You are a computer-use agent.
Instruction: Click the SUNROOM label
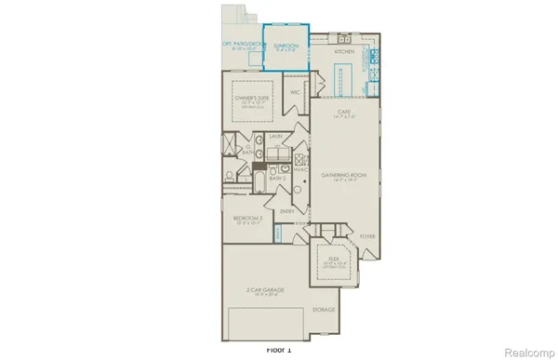pyautogui.click(x=286, y=45)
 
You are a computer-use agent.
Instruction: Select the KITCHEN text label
pyautogui.click(x=344, y=52)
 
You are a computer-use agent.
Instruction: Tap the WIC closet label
pyautogui.click(x=294, y=93)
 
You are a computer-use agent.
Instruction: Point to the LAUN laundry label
pyautogui.click(x=275, y=137)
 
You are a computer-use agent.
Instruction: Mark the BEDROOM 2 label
pyautogui.click(x=248, y=219)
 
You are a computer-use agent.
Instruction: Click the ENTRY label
pyautogui.click(x=287, y=210)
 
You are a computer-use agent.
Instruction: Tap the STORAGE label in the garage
pyautogui.click(x=324, y=310)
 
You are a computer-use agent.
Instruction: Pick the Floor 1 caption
pyautogui.click(x=279, y=350)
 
